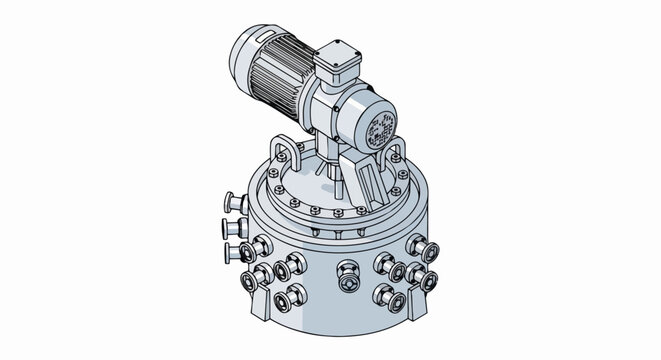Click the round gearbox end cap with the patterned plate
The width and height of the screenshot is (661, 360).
(x=379, y=128)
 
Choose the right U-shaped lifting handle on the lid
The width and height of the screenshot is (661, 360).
(x=397, y=155)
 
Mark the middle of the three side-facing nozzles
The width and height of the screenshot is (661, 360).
(x=232, y=230)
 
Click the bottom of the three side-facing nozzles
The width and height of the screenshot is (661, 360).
(x=236, y=252)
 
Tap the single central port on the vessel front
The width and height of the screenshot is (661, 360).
(x=347, y=273)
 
